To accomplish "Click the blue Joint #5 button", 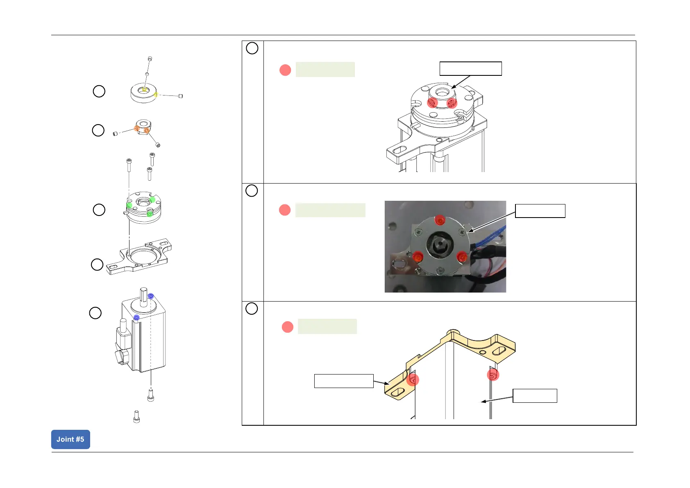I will click(70, 439).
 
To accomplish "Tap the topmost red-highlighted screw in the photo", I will click(440, 220).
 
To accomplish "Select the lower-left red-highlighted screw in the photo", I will click(418, 257).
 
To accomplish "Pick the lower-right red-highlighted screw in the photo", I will click(462, 257).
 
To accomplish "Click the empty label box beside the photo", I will click(540, 211).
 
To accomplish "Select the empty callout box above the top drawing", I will click(470, 69).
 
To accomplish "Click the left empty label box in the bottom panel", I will click(344, 381).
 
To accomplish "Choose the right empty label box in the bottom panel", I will click(535, 396).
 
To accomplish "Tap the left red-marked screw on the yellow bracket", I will click(413, 380).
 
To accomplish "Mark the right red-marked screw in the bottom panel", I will click(493, 375).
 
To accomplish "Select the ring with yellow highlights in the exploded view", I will click(143, 94).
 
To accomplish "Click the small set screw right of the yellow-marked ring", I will click(181, 96).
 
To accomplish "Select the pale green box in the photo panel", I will click(330, 210).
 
